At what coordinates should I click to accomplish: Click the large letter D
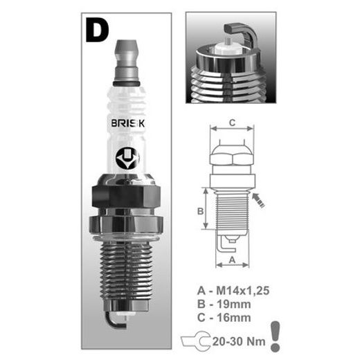pyautogui.click(x=96, y=30)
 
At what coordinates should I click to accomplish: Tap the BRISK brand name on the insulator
pyautogui.click(x=127, y=123)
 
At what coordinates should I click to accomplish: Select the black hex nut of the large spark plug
pyautogui.click(x=126, y=196)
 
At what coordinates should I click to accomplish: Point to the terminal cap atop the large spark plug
pyautogui.click(x=127, y=60)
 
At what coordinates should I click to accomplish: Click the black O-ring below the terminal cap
pyautogui.click(x=126, y=83)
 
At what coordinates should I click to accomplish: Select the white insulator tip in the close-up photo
pyautogui.click(x=227, y=48)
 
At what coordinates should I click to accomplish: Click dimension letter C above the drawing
pyautogui.click(x=233, y=123)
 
